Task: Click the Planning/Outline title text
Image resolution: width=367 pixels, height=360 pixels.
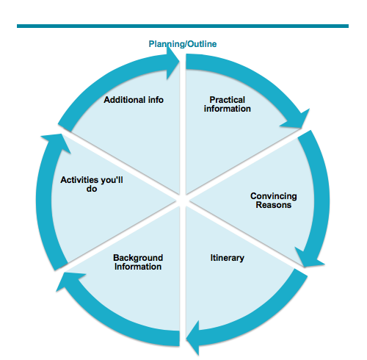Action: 183,43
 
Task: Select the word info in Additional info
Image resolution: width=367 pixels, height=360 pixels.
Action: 154,99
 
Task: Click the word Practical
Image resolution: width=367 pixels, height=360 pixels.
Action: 228,99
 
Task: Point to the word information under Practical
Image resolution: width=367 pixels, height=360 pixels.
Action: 228,109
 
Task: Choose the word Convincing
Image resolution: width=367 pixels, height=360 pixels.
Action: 273,196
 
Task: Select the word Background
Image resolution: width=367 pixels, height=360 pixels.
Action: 138,258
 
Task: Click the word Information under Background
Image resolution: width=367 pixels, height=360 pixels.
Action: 138,267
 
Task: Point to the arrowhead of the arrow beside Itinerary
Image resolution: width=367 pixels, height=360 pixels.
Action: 193,339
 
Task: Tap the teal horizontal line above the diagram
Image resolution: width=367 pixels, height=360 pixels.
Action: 183,26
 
